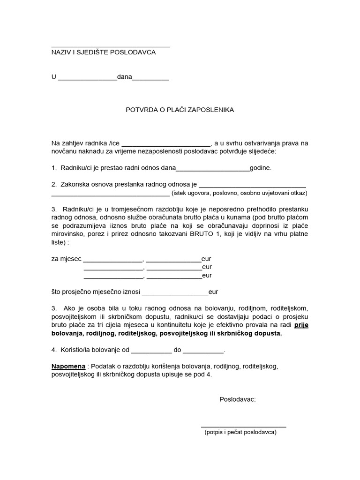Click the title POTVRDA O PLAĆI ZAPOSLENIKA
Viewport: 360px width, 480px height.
coord(180,110)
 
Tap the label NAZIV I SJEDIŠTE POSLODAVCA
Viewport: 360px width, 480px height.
coord(103,52)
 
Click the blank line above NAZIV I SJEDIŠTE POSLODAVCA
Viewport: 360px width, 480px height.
coord(110,46)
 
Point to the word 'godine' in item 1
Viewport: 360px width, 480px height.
coord(260,167)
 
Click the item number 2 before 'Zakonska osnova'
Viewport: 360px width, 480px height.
coord(53,184)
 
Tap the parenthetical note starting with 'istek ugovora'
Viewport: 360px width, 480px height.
coord(240,193)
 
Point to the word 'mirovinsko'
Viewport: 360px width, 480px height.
coord(67,234)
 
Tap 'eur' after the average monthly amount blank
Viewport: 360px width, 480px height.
coord(213,292)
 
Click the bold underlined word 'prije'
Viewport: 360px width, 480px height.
coord(301,325)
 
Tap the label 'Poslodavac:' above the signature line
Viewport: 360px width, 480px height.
coord(238,399)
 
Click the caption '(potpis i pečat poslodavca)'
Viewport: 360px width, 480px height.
coord(240,432)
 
